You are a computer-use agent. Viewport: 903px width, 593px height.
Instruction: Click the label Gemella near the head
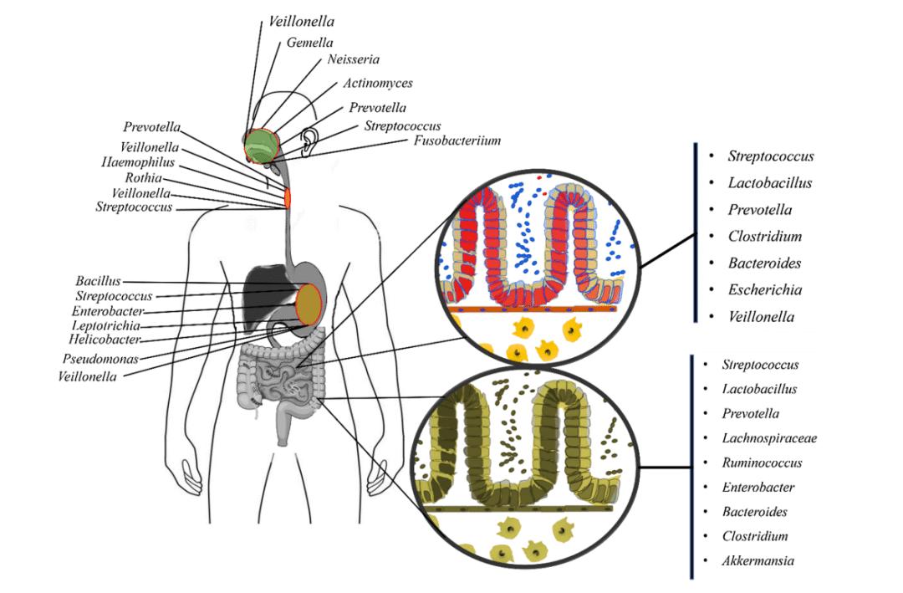(310, 42)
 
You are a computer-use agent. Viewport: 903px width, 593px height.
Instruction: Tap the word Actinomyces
(378, 83)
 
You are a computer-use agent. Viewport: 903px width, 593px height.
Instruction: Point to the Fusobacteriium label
(457, 141)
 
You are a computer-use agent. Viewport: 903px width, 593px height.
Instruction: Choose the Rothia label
(143, 178)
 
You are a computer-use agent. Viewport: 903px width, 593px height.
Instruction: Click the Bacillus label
(99, 281)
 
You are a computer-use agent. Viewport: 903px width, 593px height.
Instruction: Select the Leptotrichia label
(106, 325)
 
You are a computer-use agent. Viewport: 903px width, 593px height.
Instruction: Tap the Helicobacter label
(105, 340)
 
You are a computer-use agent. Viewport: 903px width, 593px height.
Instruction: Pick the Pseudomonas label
(100, 359)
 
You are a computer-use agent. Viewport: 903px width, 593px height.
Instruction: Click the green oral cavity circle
(262, 144)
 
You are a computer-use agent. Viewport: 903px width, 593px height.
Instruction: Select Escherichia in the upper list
(764, 290)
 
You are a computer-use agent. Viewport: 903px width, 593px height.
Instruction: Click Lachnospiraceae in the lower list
(769, 438)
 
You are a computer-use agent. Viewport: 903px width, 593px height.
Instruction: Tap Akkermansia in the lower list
(758, 560)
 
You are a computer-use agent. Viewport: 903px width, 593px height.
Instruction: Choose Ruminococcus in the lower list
(762, 463)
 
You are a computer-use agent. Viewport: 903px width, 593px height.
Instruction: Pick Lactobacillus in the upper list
(769, 183)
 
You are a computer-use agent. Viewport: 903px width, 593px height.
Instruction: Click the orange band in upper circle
(535, 309)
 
